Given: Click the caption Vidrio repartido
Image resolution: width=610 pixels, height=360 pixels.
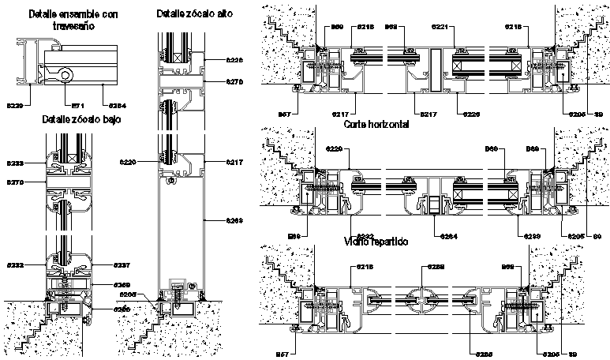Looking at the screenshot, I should pyautogui.click(x=375, y=242).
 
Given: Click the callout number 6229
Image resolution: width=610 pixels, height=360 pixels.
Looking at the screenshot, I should pyautogui.click(x=15, y=104).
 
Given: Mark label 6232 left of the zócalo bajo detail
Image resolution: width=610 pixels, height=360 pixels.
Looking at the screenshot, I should pyautogui.click(x=15, y=264).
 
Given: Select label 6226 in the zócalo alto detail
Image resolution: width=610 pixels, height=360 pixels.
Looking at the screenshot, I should pyautogui.click(x=234, y=60).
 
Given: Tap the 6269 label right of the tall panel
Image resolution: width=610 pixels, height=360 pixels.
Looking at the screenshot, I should pyautogui.click(x=234, y=220).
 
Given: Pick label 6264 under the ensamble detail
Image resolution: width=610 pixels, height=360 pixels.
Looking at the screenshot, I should pyautogui.click(x=117, y=104).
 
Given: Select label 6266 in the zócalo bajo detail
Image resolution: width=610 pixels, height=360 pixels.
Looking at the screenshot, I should pyautogui.click(x=121, y=309).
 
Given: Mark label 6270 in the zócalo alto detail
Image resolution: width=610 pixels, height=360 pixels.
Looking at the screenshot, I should pyautogui.click(x=234, y=81).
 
